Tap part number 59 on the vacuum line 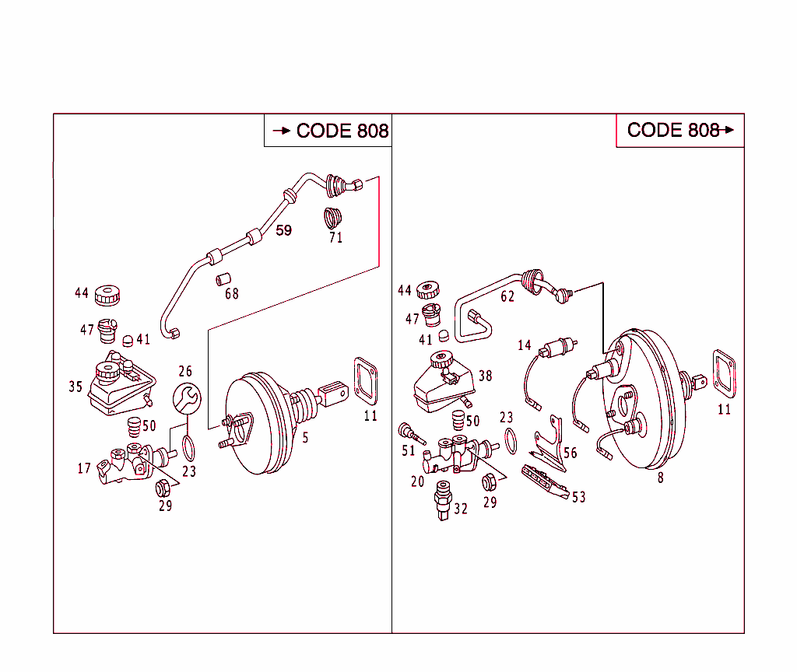coord(284,230)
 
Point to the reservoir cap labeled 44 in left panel coord(107,295)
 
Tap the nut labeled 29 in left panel coord(163,488)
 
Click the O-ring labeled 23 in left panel coord(188,449)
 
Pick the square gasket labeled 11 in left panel coord(366,380)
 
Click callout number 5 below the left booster coord(305,438)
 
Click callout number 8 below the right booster coord(660,478)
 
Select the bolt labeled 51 coord(407,431)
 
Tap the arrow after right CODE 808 coord(729,130)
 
